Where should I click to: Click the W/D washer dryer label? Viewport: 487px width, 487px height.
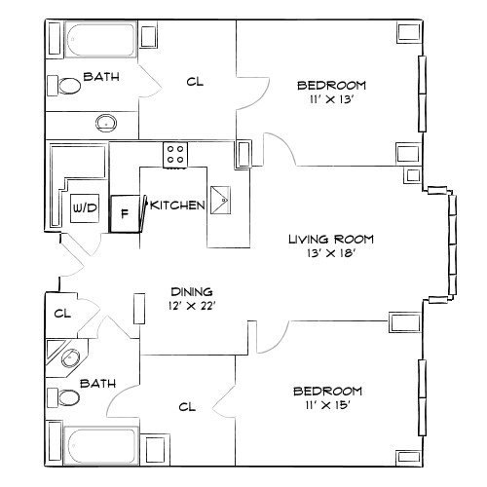point(84,207)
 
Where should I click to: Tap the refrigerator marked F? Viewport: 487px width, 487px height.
point(124,211)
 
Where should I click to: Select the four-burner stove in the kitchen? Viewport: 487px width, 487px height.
point(175,154)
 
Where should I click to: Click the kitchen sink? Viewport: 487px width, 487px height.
point(222,201)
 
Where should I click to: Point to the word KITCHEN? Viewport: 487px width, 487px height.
point(176,205)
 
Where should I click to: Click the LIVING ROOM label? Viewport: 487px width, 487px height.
point(330,239)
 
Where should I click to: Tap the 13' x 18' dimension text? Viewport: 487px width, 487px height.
point(330,255)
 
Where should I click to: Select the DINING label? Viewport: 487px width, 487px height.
point(192,291)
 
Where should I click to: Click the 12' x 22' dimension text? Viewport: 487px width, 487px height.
point(192,306)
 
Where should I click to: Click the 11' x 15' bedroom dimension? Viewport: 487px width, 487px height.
point(327,407)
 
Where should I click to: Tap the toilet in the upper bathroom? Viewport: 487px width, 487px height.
point(69,86)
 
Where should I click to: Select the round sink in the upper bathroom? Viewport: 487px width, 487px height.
point(105,123)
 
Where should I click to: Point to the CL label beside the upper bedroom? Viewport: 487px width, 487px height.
point(196,82)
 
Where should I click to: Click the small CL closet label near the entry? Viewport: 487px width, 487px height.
point(63,314)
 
